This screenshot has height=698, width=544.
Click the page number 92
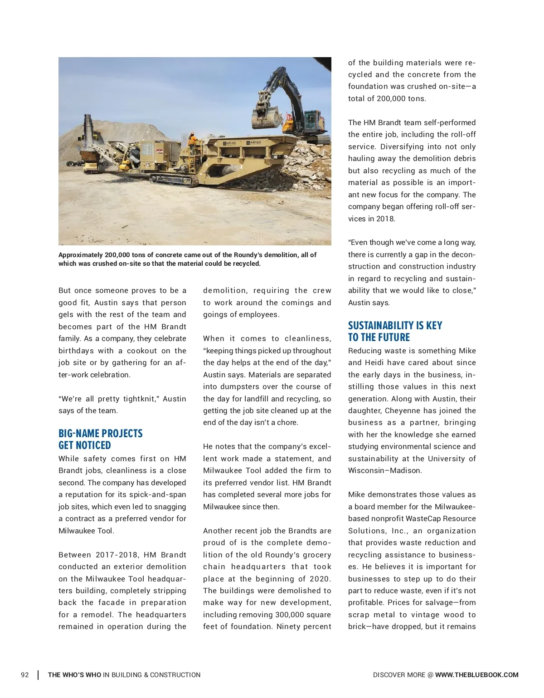click(x=25, y=675)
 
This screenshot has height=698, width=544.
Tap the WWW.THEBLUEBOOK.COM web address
click(x=476, y=675)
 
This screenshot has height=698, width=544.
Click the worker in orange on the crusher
click(x=192, y=141)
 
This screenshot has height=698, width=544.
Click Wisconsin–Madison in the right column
click(x=385, y=470)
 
